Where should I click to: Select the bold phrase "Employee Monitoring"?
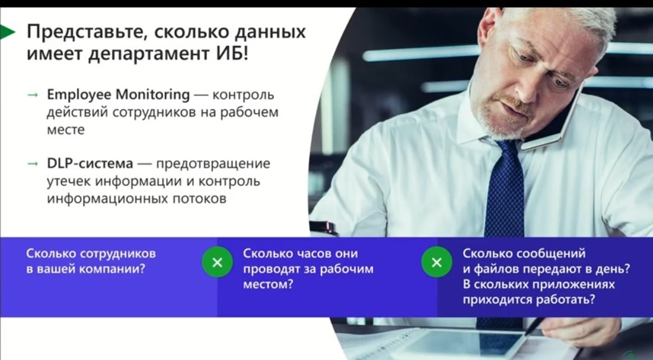click(118, 95)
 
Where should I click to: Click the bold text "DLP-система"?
click(90, 164)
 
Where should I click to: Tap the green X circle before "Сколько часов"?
click(217, 262)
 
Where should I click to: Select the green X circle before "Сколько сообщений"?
click(436, 262)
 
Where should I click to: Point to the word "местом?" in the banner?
click(268, 285)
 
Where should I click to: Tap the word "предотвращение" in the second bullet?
click(213, 164)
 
